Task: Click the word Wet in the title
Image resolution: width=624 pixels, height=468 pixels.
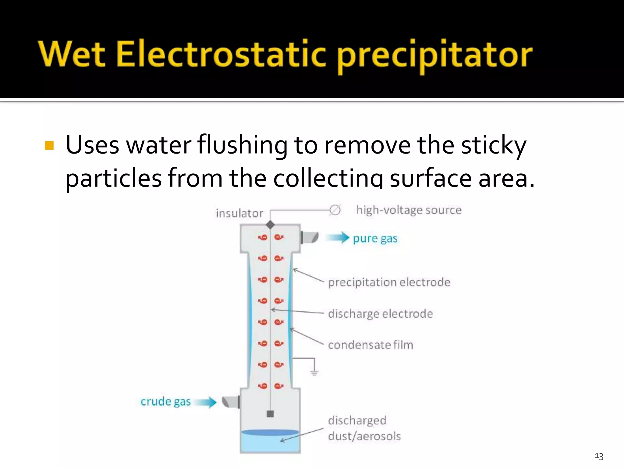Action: pyautogui.click(x=72, y=54)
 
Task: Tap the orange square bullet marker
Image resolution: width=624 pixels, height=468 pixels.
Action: pyautogui.click(x=49, y=145)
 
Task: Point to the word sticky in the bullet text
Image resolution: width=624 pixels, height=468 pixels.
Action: pyautogui.click(x=493, y=145)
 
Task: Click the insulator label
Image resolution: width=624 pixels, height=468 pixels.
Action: pyautogui.click(x=239, y=213)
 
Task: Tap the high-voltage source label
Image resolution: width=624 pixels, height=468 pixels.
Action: pyautogui.click(x=409, y=210)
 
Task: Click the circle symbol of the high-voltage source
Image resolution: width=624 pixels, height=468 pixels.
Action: pyautogui.click(x=335, y=210)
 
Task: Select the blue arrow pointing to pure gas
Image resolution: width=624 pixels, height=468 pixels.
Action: pyautogui.click(x=338, y=238)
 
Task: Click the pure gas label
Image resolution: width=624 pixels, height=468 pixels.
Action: pyautogui.click(x=375, y=239)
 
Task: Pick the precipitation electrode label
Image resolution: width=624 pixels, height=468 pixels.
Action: pyautogui.click(x=389, y=282)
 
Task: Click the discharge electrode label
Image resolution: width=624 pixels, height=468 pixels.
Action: pyautogui.click(x=380, y=314)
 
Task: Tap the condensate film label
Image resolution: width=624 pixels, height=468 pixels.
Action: pyautogui.click(x=370, y=345)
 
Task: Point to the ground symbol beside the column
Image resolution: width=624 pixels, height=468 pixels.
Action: pyautogui.click(x=314, y=372)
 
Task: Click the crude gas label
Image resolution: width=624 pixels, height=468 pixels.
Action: pyautogui.click(x=165, y=402)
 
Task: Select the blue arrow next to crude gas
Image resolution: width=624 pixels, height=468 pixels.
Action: pyautogui.click(x=206, y=402)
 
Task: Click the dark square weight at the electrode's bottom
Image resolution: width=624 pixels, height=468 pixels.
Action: pyautogui.click(x=270, y=414)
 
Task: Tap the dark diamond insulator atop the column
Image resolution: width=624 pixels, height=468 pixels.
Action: pyautogui.click(x=270, y=225)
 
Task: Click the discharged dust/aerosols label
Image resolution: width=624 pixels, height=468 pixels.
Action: pyautogui.click(x=364, y=428)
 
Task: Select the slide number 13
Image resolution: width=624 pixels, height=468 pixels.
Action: pyautogui.click(x=599, y=456)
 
